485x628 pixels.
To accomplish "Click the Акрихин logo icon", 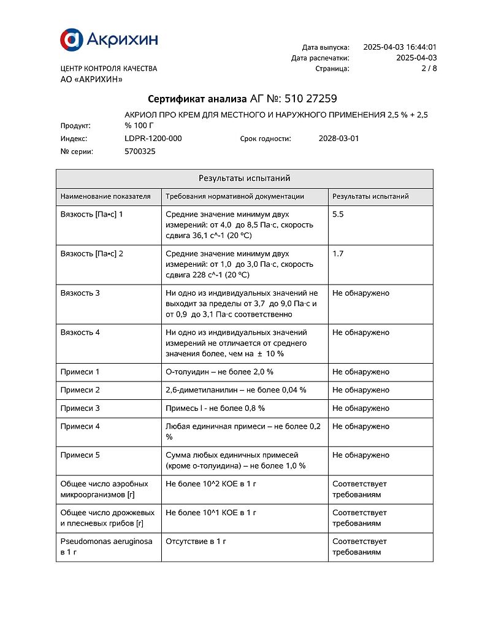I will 71,39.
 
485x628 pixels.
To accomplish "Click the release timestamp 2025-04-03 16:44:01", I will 400,47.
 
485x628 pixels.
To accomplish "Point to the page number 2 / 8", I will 429,69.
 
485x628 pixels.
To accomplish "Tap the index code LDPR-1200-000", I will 153,139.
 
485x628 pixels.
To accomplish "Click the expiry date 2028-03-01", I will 338,139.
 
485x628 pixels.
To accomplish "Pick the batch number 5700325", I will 140,151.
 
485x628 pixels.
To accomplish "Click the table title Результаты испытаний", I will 244,178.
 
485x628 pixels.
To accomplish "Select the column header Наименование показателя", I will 105,197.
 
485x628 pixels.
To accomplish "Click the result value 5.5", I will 338,215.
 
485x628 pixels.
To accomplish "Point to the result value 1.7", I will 338,254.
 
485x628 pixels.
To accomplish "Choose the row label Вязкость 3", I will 80,293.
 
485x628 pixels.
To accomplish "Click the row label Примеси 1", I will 80,372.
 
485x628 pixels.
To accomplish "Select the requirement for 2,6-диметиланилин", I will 236,390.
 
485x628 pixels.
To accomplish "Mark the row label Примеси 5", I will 80,455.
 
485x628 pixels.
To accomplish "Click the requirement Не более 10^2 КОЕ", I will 211,484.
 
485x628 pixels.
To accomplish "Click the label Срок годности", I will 265,139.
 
